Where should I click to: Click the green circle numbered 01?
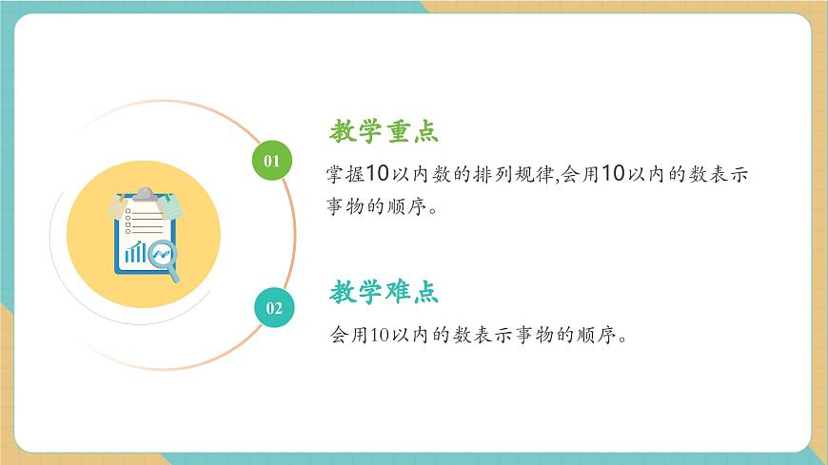(271, 161)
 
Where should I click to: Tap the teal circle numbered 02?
(274, 307)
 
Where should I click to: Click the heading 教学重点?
(384, 131)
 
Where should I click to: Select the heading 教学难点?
(384, 292)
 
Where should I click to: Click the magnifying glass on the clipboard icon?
(166, 259)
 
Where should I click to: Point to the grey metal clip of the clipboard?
(144, 195)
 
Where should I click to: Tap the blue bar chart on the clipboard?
(136, 253)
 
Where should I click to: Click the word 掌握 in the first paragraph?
(345, 174)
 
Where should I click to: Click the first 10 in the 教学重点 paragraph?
(378, 174)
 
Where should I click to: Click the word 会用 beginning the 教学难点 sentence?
(346, 335)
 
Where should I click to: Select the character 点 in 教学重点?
(425, 131)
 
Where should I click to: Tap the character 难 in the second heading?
(398, 292)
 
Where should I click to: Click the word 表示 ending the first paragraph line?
(728, 174)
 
